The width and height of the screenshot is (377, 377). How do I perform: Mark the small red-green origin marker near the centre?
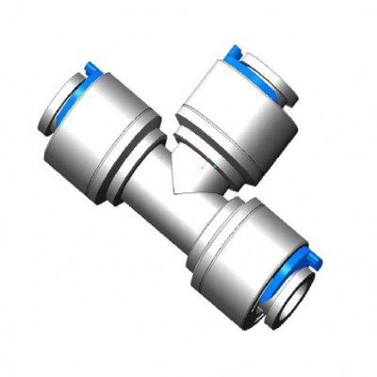coord(207,168)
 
